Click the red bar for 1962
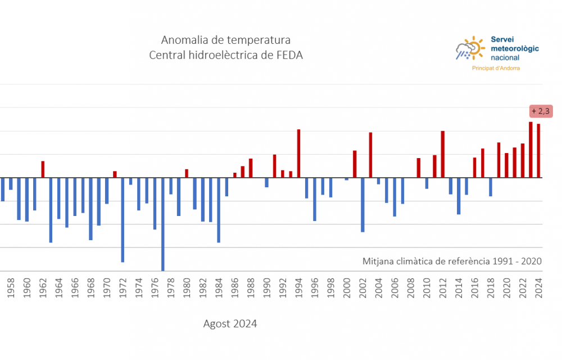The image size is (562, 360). [43, 169]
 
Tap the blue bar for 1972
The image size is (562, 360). [123, 220]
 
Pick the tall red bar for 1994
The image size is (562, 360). [298, 154]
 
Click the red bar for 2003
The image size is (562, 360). [370, 155]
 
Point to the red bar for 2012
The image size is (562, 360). [443, 154]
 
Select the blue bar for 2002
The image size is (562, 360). [362, 205]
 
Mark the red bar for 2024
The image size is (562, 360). [538, 151]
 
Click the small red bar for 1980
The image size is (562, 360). [187, 173]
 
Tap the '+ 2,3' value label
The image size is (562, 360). [541, 111]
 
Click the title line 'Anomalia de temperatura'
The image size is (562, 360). [226, 40]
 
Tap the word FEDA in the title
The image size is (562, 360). [291, 56]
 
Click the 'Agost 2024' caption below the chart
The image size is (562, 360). [230, 324]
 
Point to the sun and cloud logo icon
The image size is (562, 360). [470, 48]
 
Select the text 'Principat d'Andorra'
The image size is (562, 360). [496, 68]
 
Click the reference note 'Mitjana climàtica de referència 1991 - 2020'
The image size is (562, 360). [452, 261]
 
